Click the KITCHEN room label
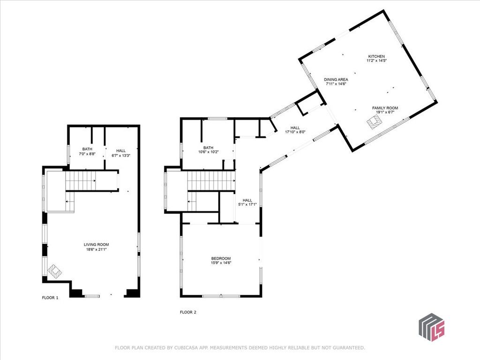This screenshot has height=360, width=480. click(376, 56)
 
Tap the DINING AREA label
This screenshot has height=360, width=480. click(336, 80)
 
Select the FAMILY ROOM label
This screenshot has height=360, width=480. click(385, 108)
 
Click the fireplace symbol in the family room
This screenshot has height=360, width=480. click(375, 122)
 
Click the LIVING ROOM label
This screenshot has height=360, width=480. click(97, 245)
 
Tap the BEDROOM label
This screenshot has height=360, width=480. click(221, 258)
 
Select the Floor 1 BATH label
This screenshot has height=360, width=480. click(87, 149)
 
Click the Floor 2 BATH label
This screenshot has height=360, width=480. click(208, 147)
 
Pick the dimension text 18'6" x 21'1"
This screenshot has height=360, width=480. click(97, 249)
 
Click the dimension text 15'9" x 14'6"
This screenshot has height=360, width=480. click(221, 263)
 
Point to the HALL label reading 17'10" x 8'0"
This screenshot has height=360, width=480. click(295, 127)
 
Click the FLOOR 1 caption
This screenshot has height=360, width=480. click(50, 298)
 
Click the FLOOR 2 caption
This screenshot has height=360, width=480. click(188, 312)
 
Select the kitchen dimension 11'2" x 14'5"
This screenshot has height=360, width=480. click(376, 61)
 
